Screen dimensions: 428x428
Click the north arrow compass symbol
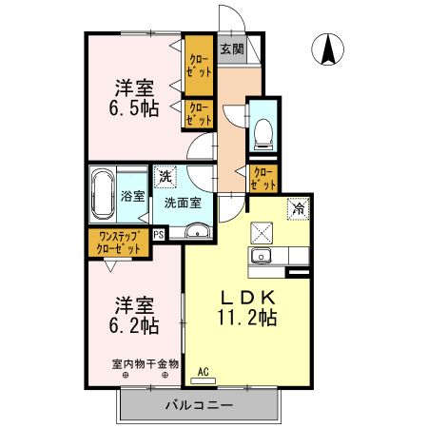click(330, 49)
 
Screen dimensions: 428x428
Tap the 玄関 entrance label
click(231, 49)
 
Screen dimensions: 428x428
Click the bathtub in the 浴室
click(103, 195)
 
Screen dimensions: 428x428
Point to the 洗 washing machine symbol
click(165, 176)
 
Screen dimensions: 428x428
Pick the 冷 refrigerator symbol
click(299, 208)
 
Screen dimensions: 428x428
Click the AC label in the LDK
click(203, 371)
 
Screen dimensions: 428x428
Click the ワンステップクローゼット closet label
click(120, 243)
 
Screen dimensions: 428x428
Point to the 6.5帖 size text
click(135, 107)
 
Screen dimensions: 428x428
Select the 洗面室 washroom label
click(182, 202)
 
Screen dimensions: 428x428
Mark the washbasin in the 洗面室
click(198, 231)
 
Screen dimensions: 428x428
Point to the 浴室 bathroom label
click(133, 197)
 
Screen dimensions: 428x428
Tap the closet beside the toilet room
click(262, 177)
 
